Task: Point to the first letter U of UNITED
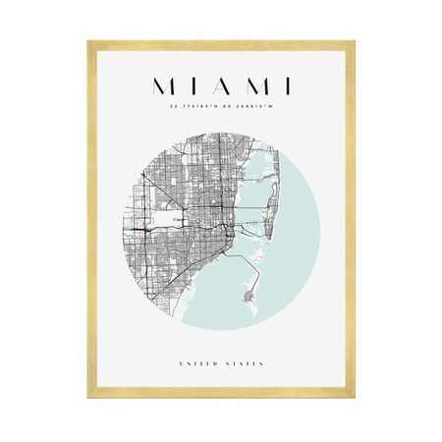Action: (x=182, y=364)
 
